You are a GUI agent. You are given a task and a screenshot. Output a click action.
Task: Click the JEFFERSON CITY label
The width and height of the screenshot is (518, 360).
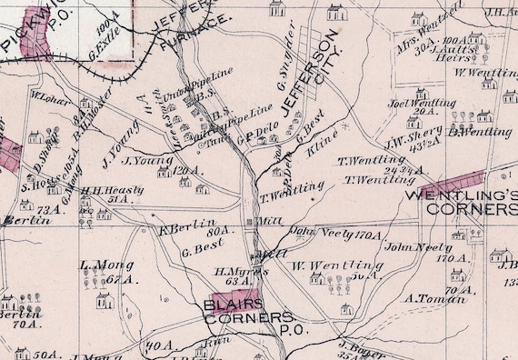point(314,72)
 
